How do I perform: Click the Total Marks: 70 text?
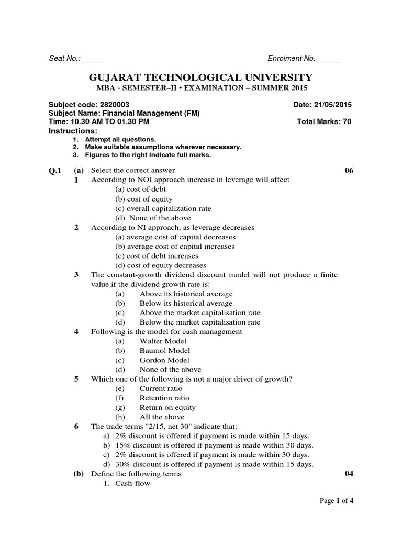click(x=324, y=121)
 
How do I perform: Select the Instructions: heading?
click(x=73, y=130)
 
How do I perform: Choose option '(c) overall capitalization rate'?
click(x=163, y=208)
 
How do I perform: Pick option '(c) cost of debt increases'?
click(x=157, y=256)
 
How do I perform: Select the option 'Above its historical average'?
click(x=186, y=294)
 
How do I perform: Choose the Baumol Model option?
click(x=164, y=350)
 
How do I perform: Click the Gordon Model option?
click(x=164, y=360)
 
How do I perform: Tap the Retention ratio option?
click(x=164, y=398)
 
